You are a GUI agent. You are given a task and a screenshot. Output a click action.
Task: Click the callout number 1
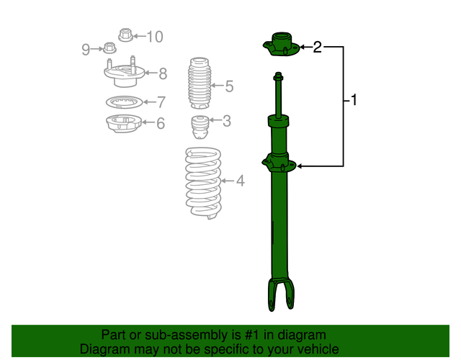point(354,100)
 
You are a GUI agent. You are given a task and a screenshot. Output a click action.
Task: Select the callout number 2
point(318,48)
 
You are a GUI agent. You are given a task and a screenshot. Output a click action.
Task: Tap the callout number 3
point(226,121)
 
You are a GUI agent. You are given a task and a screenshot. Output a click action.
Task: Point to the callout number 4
point(240,181)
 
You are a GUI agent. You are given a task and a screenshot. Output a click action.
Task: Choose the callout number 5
point(229,87)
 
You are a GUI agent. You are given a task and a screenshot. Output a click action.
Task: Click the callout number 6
point(160,124)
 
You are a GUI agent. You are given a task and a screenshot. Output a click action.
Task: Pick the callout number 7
point(161,102)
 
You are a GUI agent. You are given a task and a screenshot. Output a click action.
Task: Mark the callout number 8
point(163,73)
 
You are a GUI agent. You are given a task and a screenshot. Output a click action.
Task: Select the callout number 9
point(86,49)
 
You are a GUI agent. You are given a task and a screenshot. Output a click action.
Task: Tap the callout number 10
point(155,36)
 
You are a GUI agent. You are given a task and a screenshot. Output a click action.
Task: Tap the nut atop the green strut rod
point(279,76)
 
